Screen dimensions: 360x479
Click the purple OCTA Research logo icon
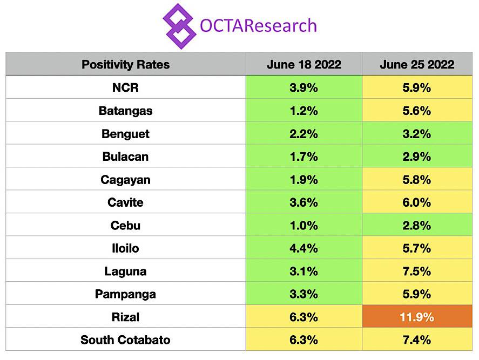179,25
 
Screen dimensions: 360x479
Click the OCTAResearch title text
258,25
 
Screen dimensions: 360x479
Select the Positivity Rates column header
125,65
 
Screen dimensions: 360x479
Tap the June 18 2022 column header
304,65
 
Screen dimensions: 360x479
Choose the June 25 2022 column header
417,65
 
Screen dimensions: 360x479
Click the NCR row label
125,87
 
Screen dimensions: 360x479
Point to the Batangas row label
125,111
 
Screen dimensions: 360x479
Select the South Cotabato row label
125,340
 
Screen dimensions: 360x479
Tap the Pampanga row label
125,294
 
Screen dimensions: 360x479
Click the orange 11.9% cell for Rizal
417,317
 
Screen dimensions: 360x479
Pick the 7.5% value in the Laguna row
417,271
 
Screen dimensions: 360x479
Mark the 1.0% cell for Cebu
304,225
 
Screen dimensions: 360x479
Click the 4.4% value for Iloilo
304,248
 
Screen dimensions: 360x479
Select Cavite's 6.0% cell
417,202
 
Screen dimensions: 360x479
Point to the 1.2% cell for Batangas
304,111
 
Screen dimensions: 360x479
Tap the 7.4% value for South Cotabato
417,340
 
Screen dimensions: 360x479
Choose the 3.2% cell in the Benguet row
417,133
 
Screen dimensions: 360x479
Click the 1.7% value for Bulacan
304,157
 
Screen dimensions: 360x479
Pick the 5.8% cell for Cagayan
417,179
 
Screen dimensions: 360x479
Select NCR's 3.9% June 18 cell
304,87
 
